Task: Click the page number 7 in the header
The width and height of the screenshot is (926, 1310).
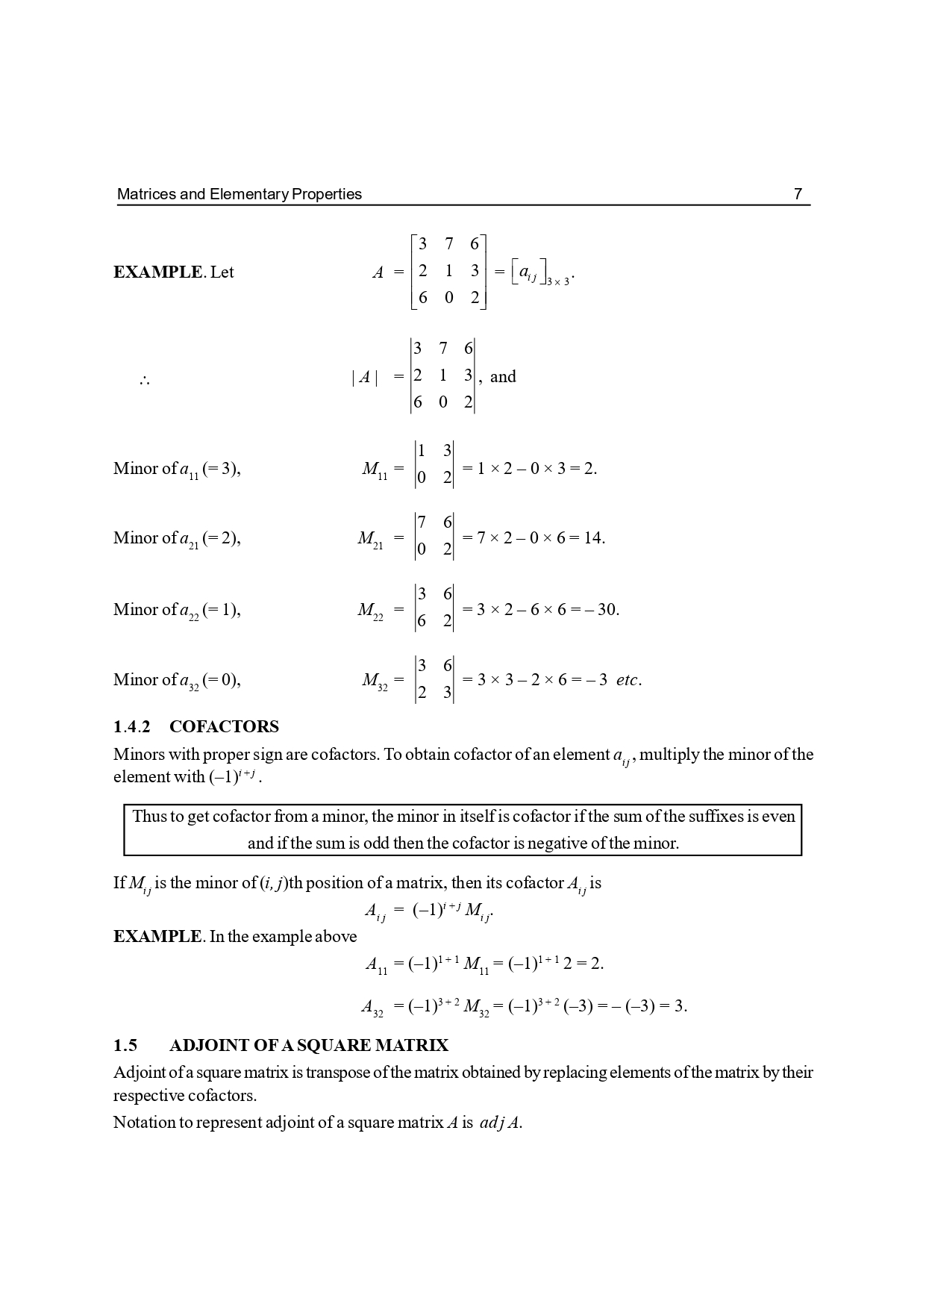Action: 798,194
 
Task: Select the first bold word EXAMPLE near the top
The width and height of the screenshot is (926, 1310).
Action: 157,272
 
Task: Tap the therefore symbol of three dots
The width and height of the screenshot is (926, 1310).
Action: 144,381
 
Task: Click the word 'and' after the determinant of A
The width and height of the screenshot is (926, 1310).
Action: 503,377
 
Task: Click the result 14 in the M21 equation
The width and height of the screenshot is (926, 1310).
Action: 592,538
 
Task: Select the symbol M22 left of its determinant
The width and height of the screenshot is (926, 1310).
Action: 370,611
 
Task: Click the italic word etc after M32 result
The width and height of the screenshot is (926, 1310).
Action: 627,680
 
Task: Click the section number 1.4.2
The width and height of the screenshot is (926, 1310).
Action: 131,727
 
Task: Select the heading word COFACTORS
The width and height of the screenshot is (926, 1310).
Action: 224,727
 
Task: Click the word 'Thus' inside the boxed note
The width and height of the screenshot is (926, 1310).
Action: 148,817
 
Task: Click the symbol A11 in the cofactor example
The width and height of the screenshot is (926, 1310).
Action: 376,964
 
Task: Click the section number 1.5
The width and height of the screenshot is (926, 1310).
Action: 125,1046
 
